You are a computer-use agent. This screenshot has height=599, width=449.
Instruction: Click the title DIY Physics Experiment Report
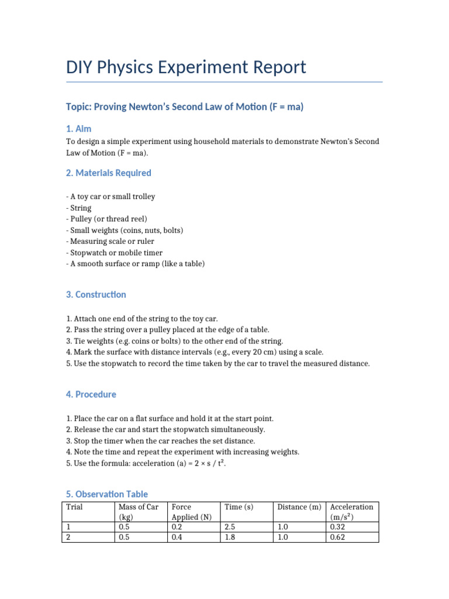[186, 67]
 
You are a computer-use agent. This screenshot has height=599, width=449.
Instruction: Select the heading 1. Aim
[78, 128]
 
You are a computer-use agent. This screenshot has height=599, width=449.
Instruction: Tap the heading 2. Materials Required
[109, 173]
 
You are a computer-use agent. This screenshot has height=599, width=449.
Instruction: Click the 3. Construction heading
[96, 294]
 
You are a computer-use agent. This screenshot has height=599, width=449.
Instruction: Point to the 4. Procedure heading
[91, 394]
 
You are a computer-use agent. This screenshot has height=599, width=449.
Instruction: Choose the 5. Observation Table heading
[107, 494]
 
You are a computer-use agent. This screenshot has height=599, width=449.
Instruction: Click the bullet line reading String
[79, 208]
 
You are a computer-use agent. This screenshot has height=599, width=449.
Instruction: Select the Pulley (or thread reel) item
[102, 219]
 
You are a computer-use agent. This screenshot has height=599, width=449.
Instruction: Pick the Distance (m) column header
[299, 507]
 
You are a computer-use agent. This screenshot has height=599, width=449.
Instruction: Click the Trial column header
[74, 507]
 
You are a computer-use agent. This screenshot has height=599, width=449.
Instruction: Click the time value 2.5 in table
[230, 527]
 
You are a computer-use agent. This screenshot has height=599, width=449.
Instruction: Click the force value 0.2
[177, 527]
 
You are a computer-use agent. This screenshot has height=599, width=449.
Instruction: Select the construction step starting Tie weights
[175, 341]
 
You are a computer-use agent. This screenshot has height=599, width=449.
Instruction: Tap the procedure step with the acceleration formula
[146, 463]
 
